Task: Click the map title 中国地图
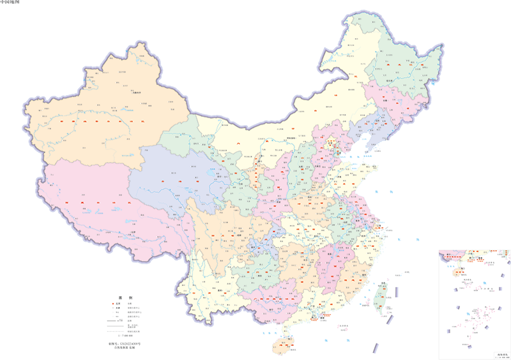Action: click(11, 3)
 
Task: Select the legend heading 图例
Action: click(124, 298)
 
